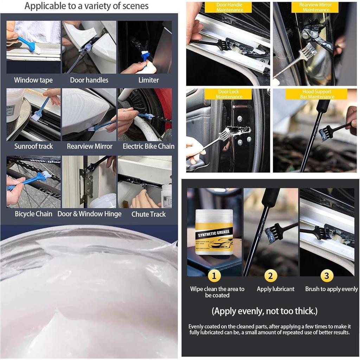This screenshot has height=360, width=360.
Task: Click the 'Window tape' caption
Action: click(x=33, y=80)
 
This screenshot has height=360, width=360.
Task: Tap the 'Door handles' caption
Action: click(x=89, y=80)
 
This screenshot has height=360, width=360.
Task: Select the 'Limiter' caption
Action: click(x=148, y=80)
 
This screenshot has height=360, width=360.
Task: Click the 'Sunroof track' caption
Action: click(x=33, y=146)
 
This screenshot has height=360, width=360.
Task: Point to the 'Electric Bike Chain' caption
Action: click(x=148, y=146)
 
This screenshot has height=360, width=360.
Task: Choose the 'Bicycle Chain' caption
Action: click(x=33, y=214)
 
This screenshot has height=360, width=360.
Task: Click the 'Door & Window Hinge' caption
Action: click(x=89, y=214)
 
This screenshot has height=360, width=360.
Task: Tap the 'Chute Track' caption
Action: click(x=148, y=214)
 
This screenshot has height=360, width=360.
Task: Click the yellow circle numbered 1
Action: click(x=214, y=276)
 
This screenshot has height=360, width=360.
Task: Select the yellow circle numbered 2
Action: click(x=270, y=276)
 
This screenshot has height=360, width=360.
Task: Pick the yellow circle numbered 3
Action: click(x=327, y=276)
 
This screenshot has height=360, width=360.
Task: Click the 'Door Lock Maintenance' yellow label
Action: click(x=229, y=94)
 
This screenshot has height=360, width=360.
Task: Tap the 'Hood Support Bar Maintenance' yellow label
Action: click(x=316, y=94)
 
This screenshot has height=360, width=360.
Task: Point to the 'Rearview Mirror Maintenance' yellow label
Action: click(x=315, y=7)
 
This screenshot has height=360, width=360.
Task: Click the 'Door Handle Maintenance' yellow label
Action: click(x=229, y=7)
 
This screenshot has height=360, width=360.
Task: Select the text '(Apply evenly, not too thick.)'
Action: click(x=265, y=311)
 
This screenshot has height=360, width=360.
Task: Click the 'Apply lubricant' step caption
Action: click(x=275, y=289)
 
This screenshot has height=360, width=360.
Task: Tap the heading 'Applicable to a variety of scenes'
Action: click(x=86, y=6)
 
